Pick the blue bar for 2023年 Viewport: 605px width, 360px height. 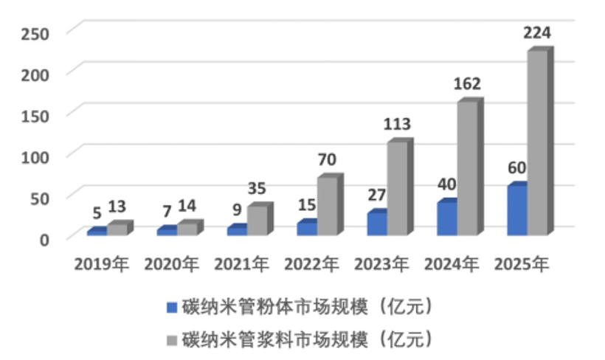click(377, 224)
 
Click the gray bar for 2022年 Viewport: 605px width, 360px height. click(328, 206)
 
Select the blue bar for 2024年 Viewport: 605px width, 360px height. click(447, 218)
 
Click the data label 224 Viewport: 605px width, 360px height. click(536, 33)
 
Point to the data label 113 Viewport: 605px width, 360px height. click(397, 124)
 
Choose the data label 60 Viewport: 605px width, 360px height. click(516, 167)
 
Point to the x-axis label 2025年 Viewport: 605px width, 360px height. click(522, 264)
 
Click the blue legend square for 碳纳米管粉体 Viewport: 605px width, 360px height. click(171, 307)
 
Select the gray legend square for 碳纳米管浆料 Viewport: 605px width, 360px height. click(171, 340)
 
